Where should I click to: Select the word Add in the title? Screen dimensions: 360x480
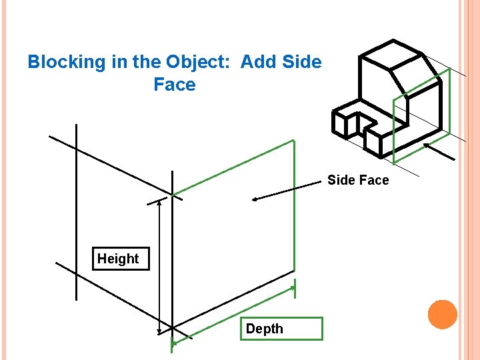click(x=257, y=63)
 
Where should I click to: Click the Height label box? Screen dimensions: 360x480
click(x=119, y=259)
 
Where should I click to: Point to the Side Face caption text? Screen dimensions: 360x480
click(x=358, y=180)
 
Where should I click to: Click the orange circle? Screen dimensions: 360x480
click(x=442, y=315)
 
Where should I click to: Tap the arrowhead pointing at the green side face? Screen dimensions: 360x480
click(x=254, y=199)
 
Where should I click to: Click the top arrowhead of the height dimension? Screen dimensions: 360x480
click(x=159, y=202)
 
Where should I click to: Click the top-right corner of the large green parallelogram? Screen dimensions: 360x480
click(x=293, y=141)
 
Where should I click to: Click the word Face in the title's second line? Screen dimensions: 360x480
click(x=175, y=85)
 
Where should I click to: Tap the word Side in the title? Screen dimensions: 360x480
click(x=302, y=63)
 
